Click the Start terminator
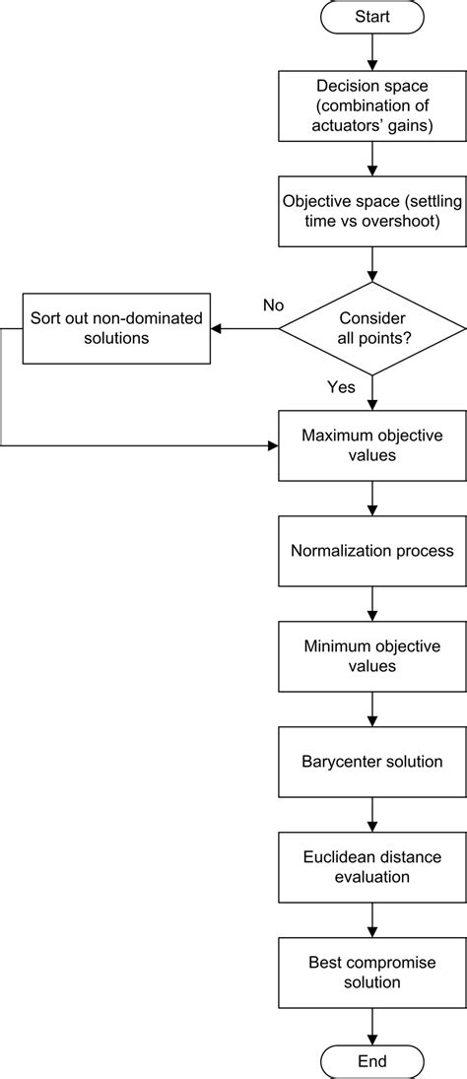(372, 17)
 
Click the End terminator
(372, 1060)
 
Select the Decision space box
(372, 105)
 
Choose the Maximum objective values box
(372, 445)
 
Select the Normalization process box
(372, 549)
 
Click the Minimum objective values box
(372, 655)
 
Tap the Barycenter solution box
(372, 762)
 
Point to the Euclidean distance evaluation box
(372, 866)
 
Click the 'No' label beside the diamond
(273, 304)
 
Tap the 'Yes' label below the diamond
(341, 387)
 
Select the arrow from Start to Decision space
(372, 51)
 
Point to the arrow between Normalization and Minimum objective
(372, 602)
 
